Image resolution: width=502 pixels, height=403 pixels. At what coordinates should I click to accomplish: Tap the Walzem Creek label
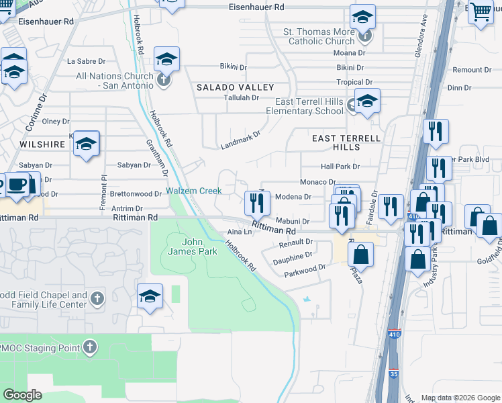pyautogui.click(x=194, y=191)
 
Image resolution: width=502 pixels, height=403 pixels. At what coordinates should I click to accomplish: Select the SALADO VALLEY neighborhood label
pyautogui.click(x=235, y=87)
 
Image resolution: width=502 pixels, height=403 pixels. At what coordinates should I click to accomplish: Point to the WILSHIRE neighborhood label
pyautogui.click(x=42, y=144)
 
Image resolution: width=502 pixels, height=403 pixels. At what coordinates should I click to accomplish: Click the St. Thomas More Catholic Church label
pyautogui.click(x=317, y=36)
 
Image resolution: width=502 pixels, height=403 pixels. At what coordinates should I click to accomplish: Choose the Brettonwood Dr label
pyautogui.click(x=140, y=193)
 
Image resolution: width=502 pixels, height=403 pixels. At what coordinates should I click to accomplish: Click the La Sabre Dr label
pyautogui.click(x=83, y=61)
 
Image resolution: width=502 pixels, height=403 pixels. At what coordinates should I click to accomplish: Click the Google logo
pyautogui.click(x=22, y=395)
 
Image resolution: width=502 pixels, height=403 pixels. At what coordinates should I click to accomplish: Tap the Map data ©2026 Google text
pyautogui.click(x=459, y=398)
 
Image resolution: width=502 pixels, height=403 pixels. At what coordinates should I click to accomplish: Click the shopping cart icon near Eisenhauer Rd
pyautogui.click(x=481, y=11)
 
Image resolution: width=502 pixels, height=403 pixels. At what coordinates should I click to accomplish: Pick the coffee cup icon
pyautogui.click(x=17, y=183)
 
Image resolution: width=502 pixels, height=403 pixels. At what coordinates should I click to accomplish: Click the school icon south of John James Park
pyautogui.click(x=150, y=296)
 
